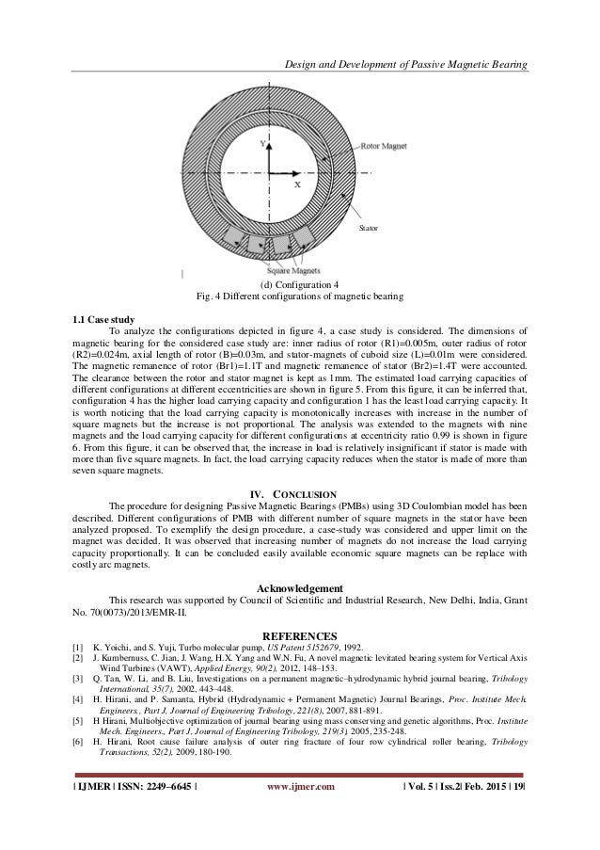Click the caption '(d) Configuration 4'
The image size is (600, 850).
coord(300,284)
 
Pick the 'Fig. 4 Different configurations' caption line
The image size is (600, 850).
coord(300,297)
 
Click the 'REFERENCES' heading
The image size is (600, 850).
coord(300,635)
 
